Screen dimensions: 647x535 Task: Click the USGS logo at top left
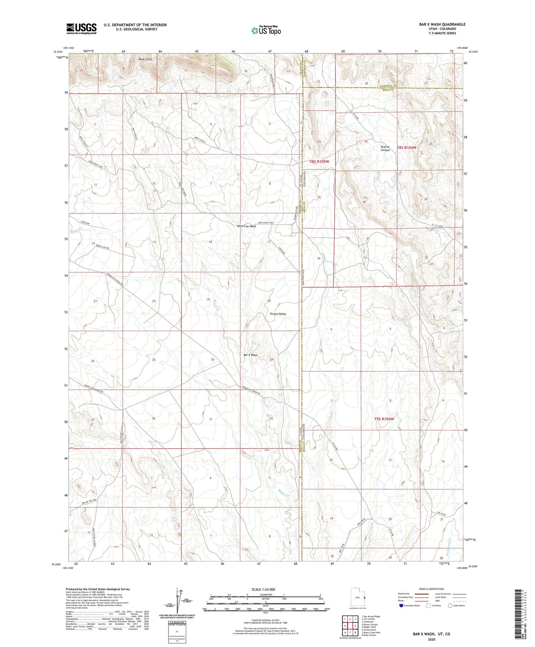click(81, 29)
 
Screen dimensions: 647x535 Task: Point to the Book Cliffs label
click(146, 59)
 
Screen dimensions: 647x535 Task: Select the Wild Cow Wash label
click(246, 226)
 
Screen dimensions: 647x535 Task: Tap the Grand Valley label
click(278, 314)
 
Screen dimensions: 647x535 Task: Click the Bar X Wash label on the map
click(250, 355)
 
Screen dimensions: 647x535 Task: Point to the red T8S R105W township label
click(319, 162)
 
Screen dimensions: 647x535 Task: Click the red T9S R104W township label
click(384, 419)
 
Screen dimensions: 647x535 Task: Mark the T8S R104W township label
click(407, 147)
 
